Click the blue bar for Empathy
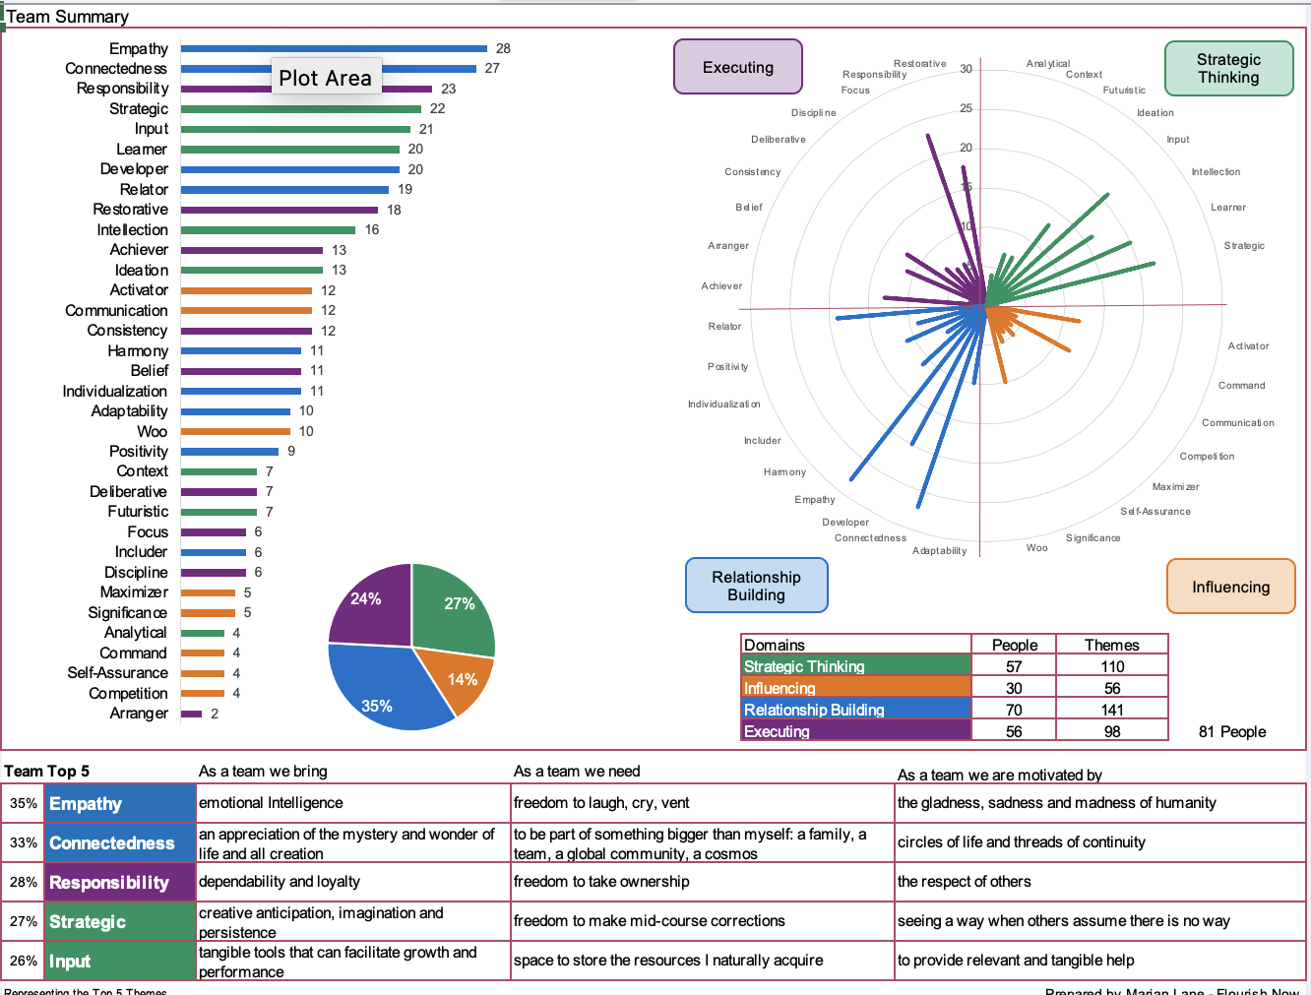[334, 48]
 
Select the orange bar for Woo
[235, 431]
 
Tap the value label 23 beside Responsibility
[449, 89]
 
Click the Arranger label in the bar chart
[139, 714]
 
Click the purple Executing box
[738, 67]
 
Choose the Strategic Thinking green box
[1228, 68]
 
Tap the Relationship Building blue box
[756, 586]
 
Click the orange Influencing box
[1230, 587]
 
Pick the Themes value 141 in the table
[1112, 710]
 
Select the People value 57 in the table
[1014, 666]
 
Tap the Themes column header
[1112, 645]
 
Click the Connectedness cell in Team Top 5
[112, 842]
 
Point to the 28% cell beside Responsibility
[24, 882]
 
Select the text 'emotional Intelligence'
[271, 803]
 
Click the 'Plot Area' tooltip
[325, 78]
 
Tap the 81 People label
[1232, 731]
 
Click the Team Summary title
[68, 17]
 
